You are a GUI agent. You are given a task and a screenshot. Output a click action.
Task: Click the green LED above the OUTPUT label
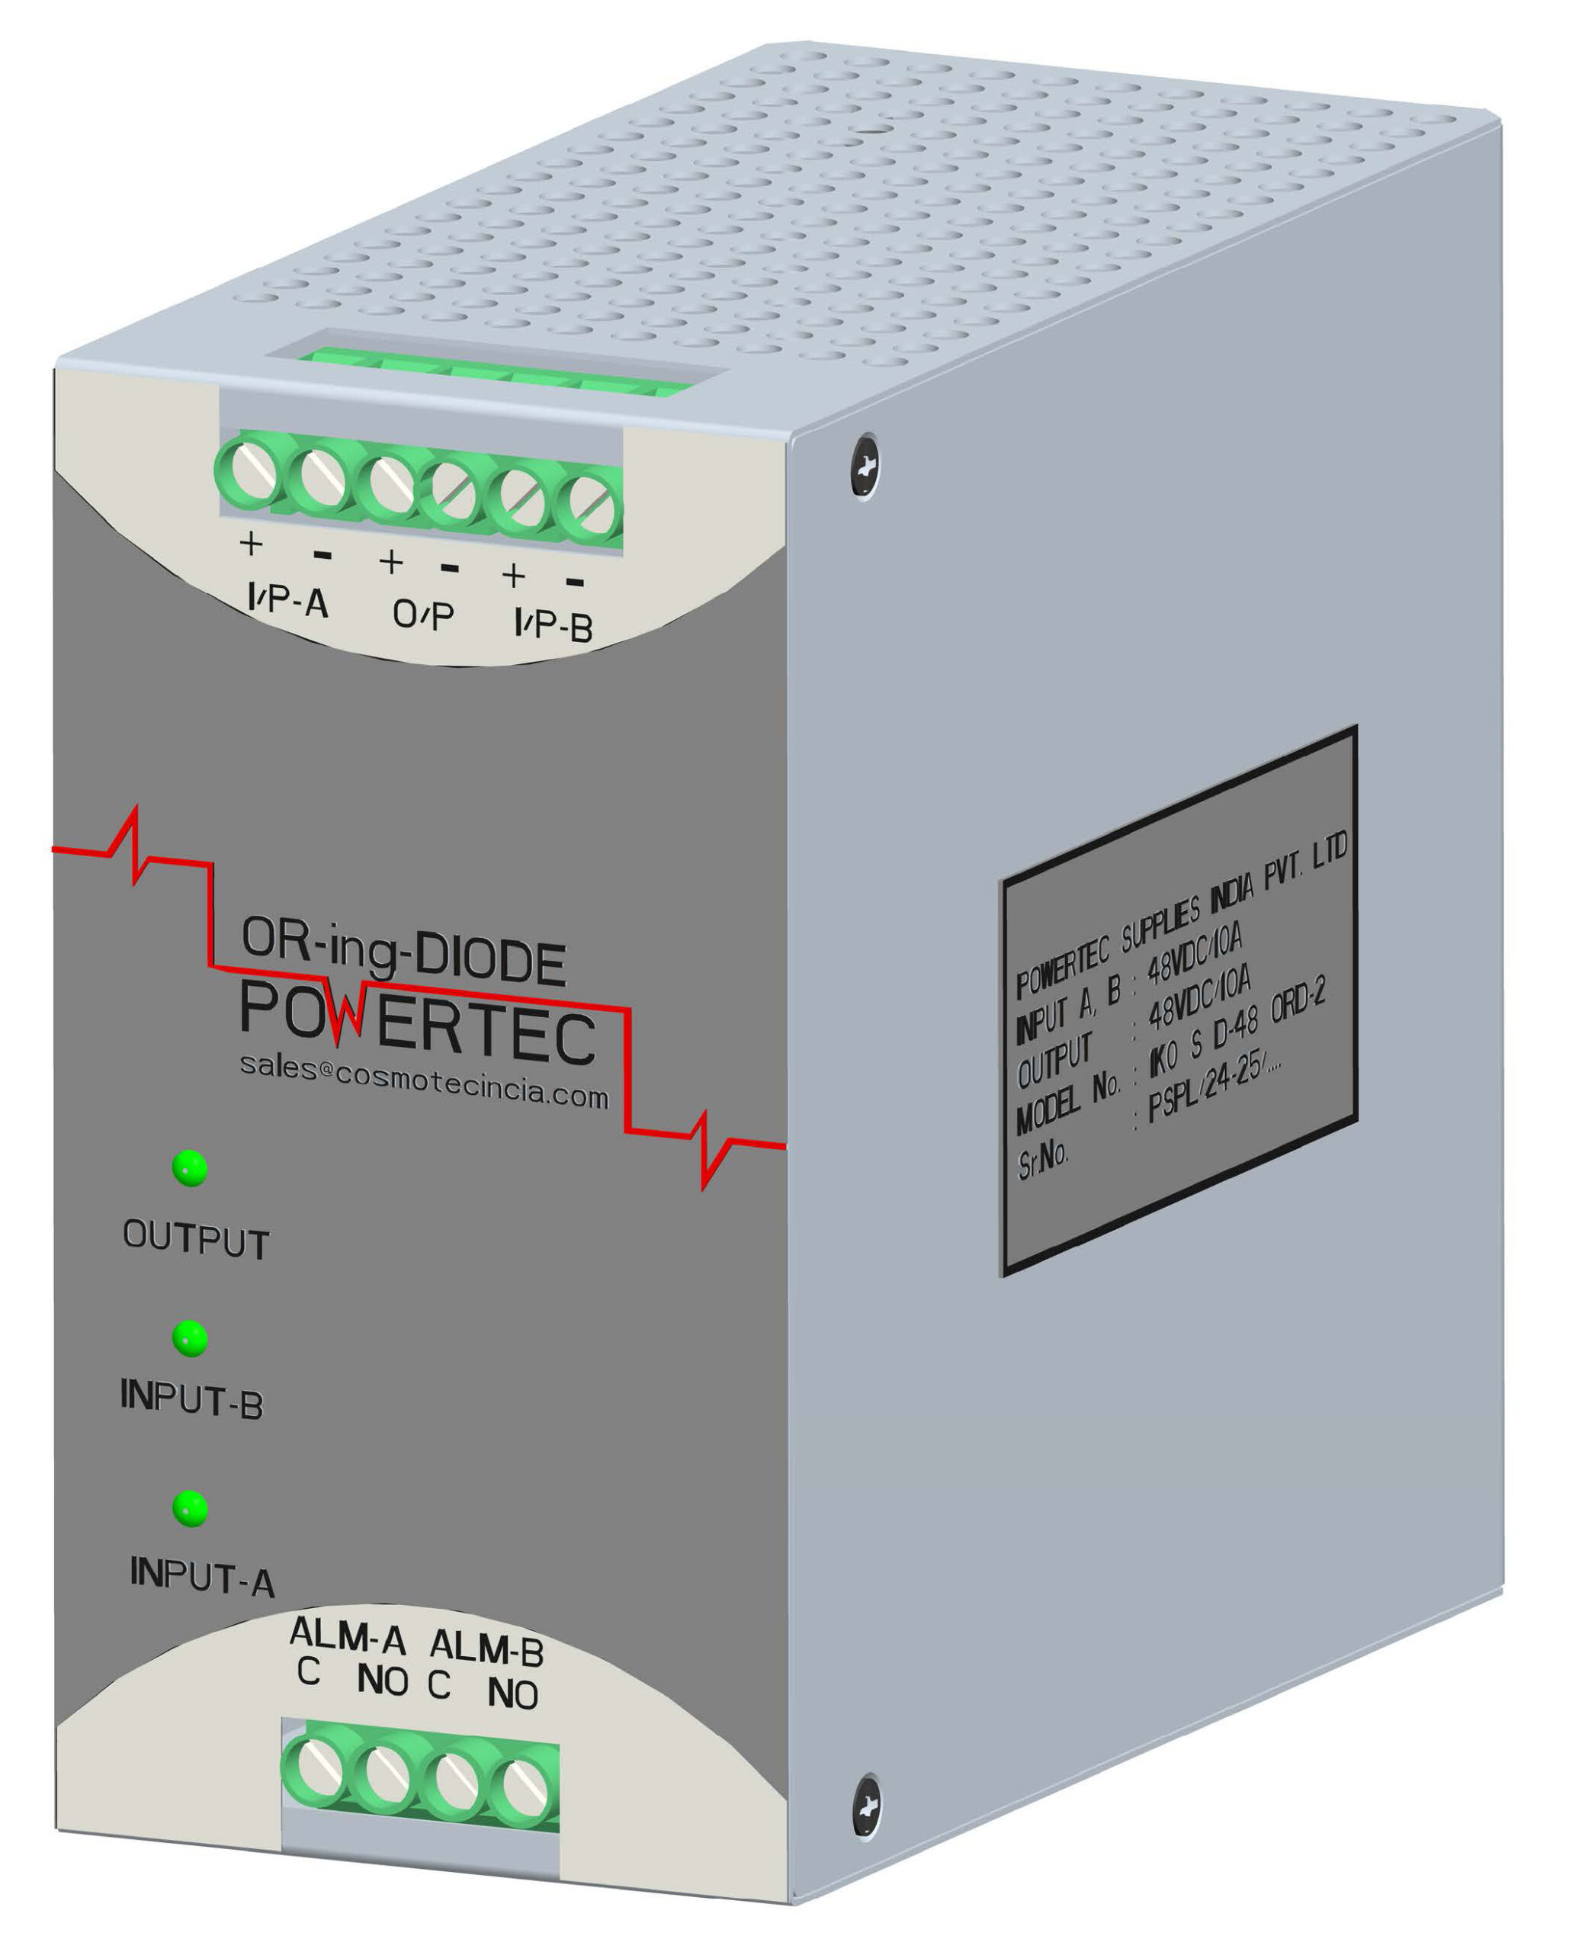(x=189, y=1169)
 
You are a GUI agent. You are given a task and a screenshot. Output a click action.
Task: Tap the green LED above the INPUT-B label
(x=190, y=1338)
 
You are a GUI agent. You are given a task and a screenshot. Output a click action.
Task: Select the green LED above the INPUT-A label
(x=190, y=1509)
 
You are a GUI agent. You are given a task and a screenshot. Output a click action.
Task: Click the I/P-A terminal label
(x=288, y=600)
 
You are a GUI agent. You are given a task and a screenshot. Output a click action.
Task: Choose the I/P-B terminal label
(x=553, y=624)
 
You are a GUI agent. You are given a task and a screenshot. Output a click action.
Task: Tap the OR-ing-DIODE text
(x=404, y=952)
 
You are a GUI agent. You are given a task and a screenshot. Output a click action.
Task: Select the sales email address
(x=424, y=1080)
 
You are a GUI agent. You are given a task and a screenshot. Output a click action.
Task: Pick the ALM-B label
(x=486, y=1649)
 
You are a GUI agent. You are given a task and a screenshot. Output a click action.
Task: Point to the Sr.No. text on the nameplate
(x=1043, y=1158)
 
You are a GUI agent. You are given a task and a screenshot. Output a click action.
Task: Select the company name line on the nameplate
(x=1182, y=914)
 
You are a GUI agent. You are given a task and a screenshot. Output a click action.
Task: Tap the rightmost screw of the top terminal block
(x=590, y=509)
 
